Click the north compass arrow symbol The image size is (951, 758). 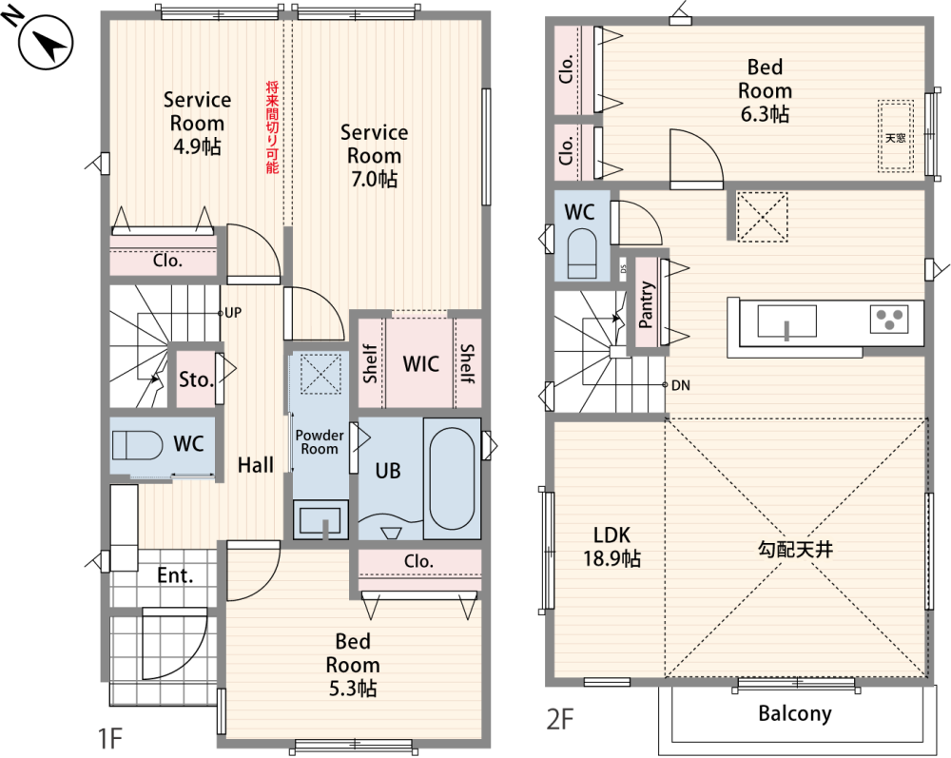(46, 43)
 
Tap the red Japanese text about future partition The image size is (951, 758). (272, 127)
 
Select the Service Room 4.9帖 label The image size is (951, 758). (197, 123)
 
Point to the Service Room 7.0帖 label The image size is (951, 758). (374, 155)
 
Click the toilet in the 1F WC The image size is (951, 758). (137, 445)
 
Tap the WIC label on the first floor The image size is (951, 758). (420, 364)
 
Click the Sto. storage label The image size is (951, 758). (196, 379)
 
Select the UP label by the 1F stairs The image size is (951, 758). (233, 313)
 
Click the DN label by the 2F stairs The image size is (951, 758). (681, 385)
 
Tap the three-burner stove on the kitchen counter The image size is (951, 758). (889, 319)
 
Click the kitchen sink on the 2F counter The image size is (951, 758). (786, 321)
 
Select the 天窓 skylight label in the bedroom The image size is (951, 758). (895, 138)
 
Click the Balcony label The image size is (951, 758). (794, 713)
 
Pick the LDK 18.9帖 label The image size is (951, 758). (611, 546)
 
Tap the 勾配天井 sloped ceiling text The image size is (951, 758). (795, 550)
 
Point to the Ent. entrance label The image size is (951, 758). (175, 574)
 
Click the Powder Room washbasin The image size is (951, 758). (320, 519)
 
